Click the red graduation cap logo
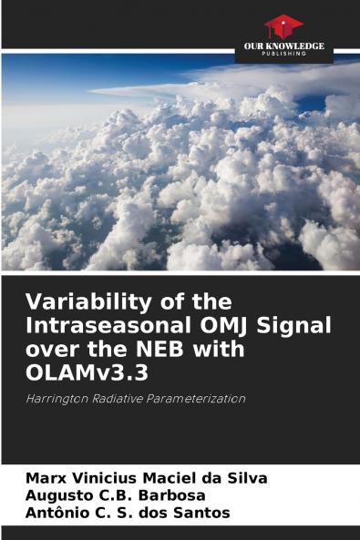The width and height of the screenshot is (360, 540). coord(283,25)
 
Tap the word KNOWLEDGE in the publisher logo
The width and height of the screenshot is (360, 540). coord(296,46)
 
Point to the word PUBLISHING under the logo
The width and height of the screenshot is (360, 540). coord(283,55)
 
